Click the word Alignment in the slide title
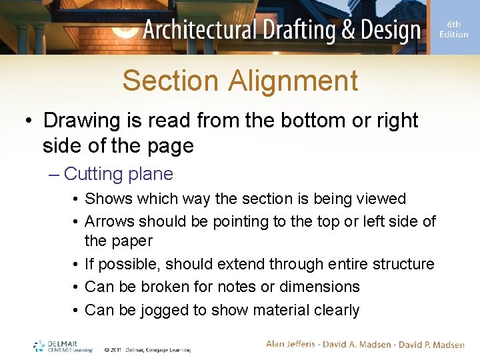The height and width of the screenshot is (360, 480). [293, 81]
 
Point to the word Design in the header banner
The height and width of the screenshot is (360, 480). [389, 31]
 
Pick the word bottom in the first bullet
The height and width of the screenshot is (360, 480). [321, 121]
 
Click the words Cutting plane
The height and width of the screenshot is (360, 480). [119, 174]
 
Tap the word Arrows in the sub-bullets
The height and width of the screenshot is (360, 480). [109, 221]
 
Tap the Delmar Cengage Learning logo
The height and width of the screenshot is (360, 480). [63, 345]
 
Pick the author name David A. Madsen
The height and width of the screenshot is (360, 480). [358, 344]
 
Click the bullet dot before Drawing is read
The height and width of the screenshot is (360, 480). [29, 121]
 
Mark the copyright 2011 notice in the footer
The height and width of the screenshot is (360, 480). [147, 349]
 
